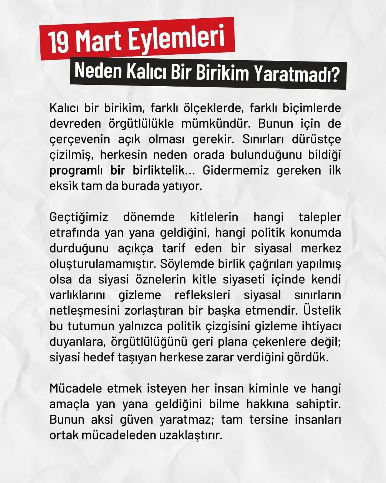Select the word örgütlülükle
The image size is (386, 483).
[x=141, y=124]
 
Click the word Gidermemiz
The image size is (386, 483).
[x=236, y=170]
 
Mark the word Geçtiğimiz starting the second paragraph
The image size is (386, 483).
[x=79, y=217]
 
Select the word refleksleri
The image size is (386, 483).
[x=202, y=295]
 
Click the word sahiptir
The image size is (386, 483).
[x=318, y=404]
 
